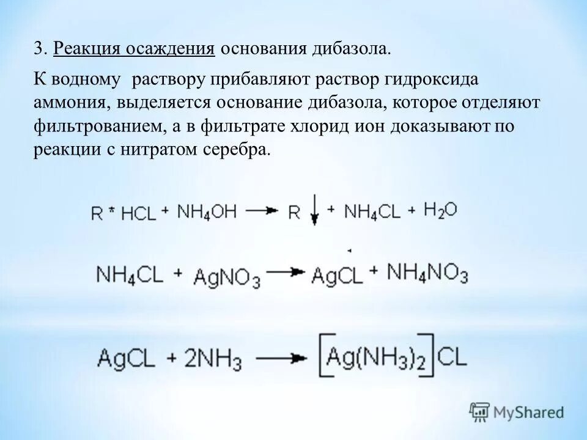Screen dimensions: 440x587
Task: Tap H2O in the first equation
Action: pyautogui.click(x=440, y=210)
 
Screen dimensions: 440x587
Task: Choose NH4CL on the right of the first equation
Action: pyautogui.click(x=372, y=211)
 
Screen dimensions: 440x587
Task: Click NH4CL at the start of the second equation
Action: pyautogui.click(x=130, y=274)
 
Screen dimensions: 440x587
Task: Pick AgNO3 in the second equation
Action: pyautogui.click(x=227, y=277)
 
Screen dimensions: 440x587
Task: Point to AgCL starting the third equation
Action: pyautogui.click(x=128, y=357)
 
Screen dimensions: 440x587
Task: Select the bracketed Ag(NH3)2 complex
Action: pyautogui.click(x=378, y=356)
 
